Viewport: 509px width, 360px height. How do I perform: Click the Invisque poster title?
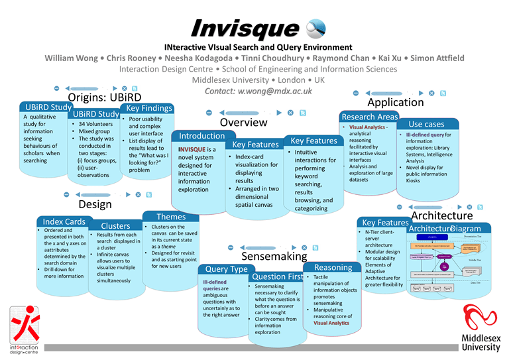(x=243, y=28)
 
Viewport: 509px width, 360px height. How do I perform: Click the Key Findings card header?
(x=148, y=108)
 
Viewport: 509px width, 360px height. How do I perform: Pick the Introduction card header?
(x=202, y=136)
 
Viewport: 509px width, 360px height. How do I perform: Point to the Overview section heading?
(x=243, y=123)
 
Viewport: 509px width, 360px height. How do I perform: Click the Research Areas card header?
(x=369, y=117)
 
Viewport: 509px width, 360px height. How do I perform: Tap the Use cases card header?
(x=426, y=124)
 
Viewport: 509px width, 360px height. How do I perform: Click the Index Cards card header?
(x=64, y=221)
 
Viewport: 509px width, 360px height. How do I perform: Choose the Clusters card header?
(x=115, y=226)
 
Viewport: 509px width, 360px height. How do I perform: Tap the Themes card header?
(x=171, y=217)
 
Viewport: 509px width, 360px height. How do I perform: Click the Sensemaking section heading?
(x=274, y=256)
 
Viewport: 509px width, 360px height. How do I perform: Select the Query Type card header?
(x=226, y=269)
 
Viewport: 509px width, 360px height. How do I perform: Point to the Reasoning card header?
(x=333, y=267)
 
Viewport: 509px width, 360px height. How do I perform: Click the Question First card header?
(x=278, y=276)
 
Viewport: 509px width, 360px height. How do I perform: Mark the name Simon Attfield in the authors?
(x=437, y=58)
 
